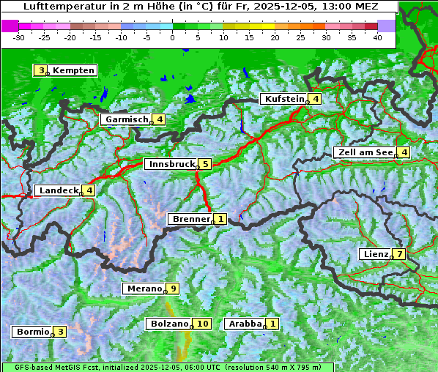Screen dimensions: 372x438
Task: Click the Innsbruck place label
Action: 171,164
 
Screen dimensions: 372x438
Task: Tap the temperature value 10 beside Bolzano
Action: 202,324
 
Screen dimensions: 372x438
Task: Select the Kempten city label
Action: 73,70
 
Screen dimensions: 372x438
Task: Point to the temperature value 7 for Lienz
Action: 398,255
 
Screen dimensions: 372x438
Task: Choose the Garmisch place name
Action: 127,119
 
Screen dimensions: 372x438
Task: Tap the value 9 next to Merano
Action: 173,289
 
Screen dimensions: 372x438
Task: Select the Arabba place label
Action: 245,324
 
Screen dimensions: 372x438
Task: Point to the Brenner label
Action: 191,219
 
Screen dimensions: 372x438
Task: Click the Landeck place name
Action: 59,190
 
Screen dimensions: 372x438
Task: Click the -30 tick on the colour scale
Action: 19,37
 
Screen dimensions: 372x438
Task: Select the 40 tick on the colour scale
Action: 377,37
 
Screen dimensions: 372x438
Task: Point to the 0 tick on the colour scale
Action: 172,37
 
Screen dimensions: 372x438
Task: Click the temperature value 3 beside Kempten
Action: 41,70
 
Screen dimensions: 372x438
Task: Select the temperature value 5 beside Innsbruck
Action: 206,164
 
